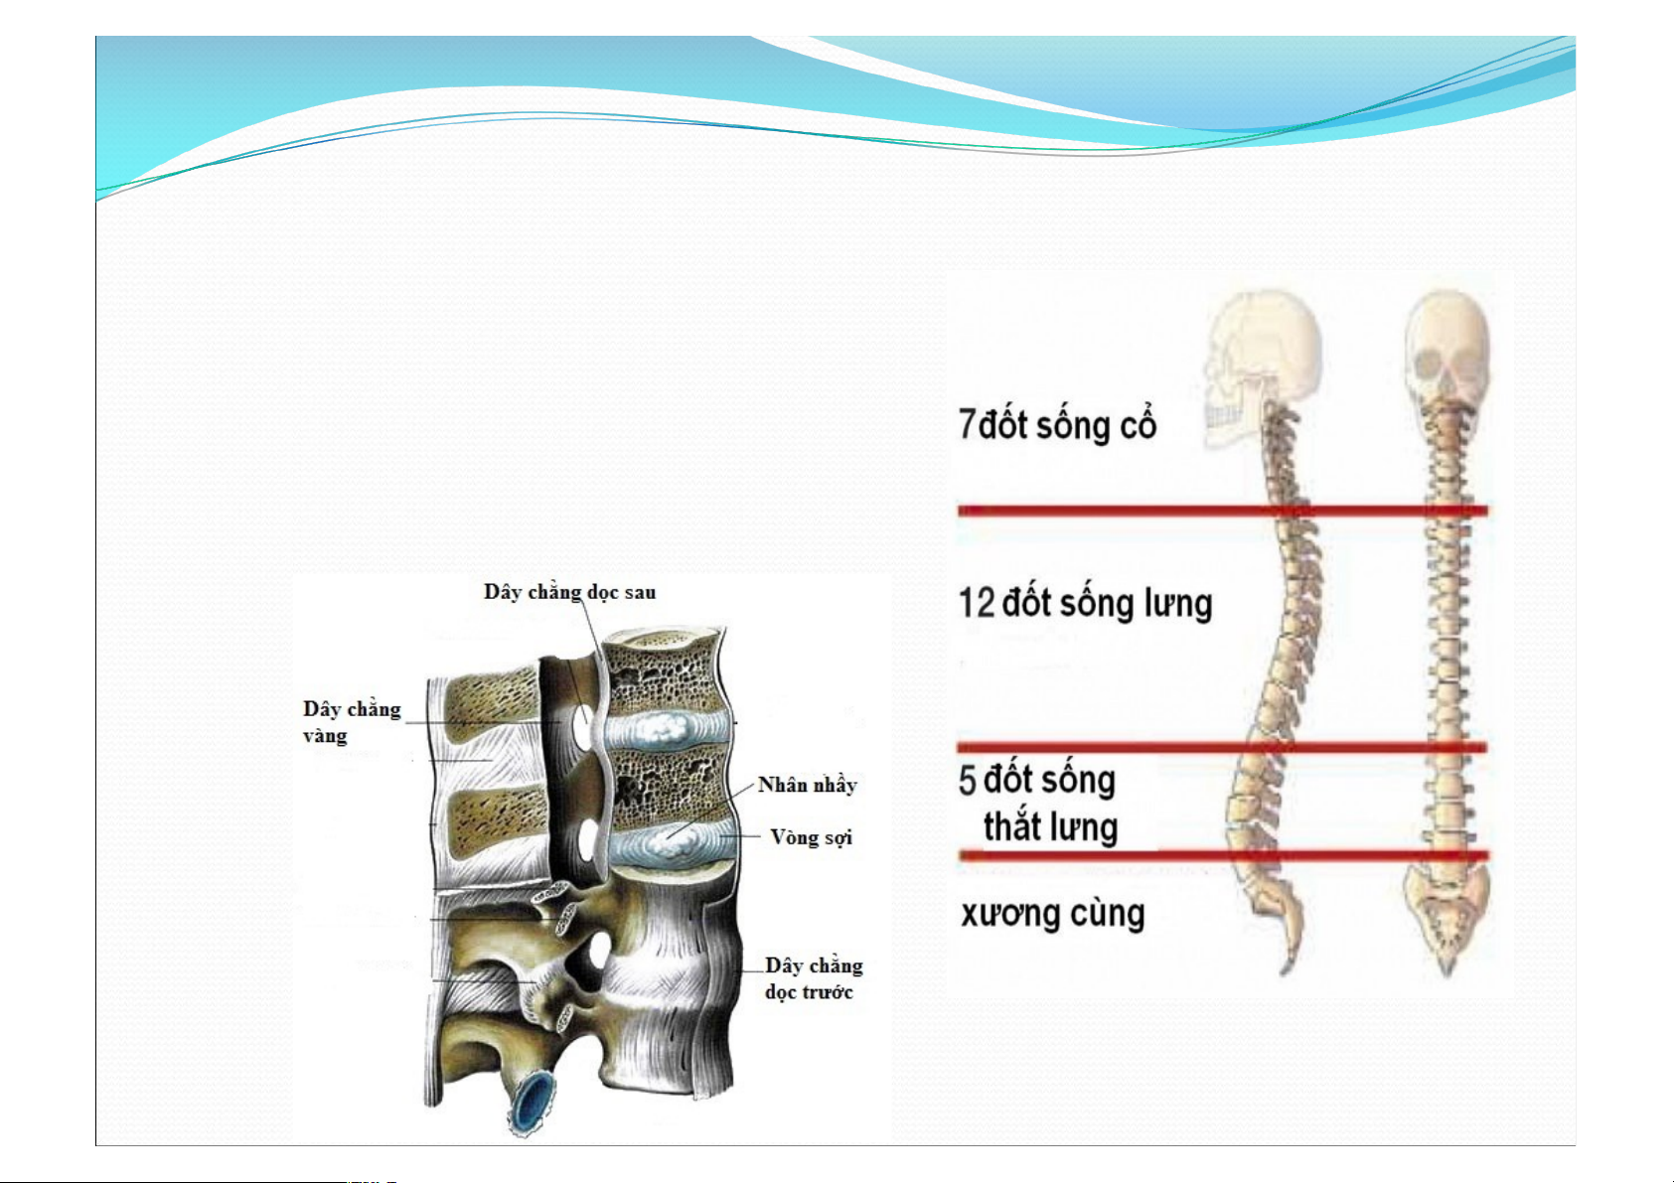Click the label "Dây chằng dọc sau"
click(569, 593)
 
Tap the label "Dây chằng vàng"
click(352, 722)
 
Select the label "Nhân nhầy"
click(807, 785)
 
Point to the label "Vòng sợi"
click(811, 837)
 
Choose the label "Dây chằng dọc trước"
click(813, 979)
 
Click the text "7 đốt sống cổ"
click(1057, 424)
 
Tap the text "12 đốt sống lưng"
click(1085, 603)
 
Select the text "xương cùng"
click(1052, 914)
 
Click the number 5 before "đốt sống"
click(967, 780)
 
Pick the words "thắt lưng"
click(1050, 826)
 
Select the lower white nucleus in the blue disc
click(672, 843)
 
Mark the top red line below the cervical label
click(1223, 512)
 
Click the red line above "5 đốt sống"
click(1222, 747)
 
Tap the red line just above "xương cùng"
click(1223, 855)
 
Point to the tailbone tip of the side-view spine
click(1286, 970)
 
